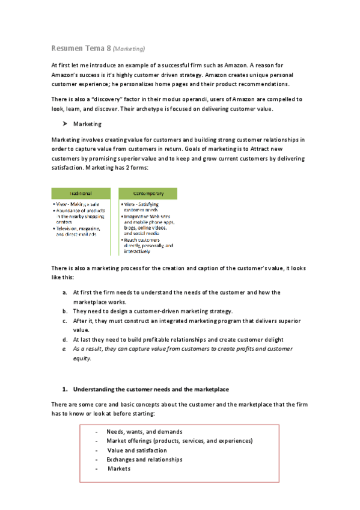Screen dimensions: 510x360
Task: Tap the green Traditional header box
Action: pyautogui.click(x=81, y=193)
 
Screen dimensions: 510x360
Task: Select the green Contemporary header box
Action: pyautogui.click(x=148, y=193)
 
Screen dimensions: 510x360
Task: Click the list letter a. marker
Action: pyautogui.click(x=64, y=292)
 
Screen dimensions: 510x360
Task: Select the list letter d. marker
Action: pyautogui.click(x=64, y=340)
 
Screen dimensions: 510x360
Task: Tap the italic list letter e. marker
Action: pyautogui.click(x=64, y=349)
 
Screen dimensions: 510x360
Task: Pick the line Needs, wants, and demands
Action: pyautogui.click(x=144, y=432)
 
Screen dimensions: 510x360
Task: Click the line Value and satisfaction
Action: pyautogui.click(x=137, y=450)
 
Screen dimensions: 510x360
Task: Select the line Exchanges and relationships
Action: pyautogui.click(x=144, y=459)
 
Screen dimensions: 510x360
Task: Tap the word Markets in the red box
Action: pyautogui.click(x=119, y=469)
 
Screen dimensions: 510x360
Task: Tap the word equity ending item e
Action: pyautogui.click(x=81, y=358)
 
